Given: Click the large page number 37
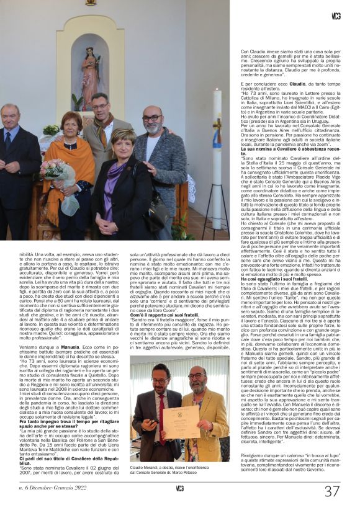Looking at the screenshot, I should [x=332, y=491].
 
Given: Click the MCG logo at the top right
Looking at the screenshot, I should [x=336, y=16].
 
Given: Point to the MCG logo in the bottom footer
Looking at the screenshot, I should [x=179, y=488].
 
